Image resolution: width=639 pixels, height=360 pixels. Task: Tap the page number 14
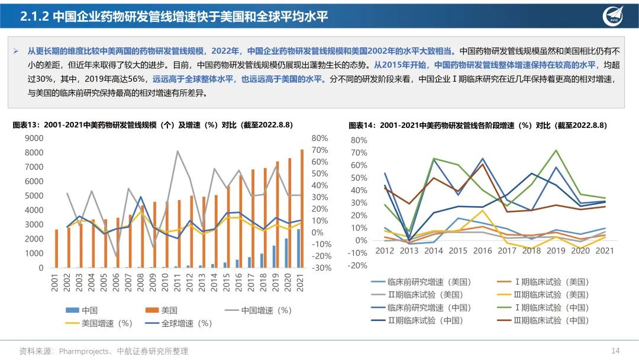615,351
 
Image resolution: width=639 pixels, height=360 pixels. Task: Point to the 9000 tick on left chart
34,138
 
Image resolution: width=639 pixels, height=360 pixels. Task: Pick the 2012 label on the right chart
385,251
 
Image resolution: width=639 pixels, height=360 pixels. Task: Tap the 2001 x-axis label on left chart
55,282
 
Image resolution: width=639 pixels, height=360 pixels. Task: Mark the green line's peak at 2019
556,150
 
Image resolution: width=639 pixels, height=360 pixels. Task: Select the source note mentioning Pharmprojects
104,351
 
